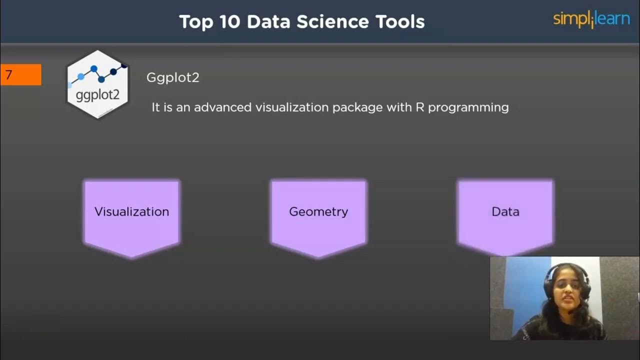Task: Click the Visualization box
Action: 131,215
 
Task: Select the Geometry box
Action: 318,215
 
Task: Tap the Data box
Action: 505,215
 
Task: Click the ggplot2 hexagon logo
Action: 97,84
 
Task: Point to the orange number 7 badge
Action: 20,75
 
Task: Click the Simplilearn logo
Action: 591,20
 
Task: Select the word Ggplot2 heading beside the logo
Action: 172,77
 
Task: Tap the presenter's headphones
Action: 547,280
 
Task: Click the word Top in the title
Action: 196,22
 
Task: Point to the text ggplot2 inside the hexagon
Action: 97,94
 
